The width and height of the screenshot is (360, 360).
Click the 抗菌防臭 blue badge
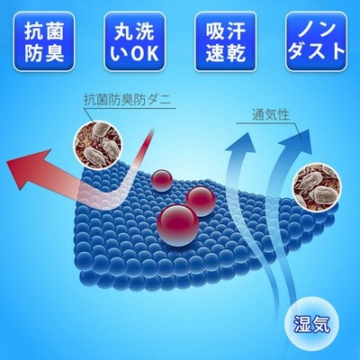44,41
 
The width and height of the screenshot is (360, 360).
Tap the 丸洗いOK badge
134,41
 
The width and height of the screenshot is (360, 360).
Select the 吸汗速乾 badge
226,41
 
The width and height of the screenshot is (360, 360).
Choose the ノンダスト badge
316,41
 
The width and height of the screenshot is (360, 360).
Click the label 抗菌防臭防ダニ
127,100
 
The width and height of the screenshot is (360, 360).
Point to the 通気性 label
271,115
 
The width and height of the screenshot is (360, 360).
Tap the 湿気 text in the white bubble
311,324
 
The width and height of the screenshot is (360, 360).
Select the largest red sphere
178,225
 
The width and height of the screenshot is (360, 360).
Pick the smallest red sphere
162,181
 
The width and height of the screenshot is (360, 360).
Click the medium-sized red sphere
201,201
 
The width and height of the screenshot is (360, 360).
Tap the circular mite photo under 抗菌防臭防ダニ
99,144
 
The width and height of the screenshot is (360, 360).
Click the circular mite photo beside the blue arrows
317,187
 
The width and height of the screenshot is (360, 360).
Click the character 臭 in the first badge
54,53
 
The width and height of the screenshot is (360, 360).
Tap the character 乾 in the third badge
236,53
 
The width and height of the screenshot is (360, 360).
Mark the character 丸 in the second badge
124,31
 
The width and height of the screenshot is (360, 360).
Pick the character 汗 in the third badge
236,31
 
